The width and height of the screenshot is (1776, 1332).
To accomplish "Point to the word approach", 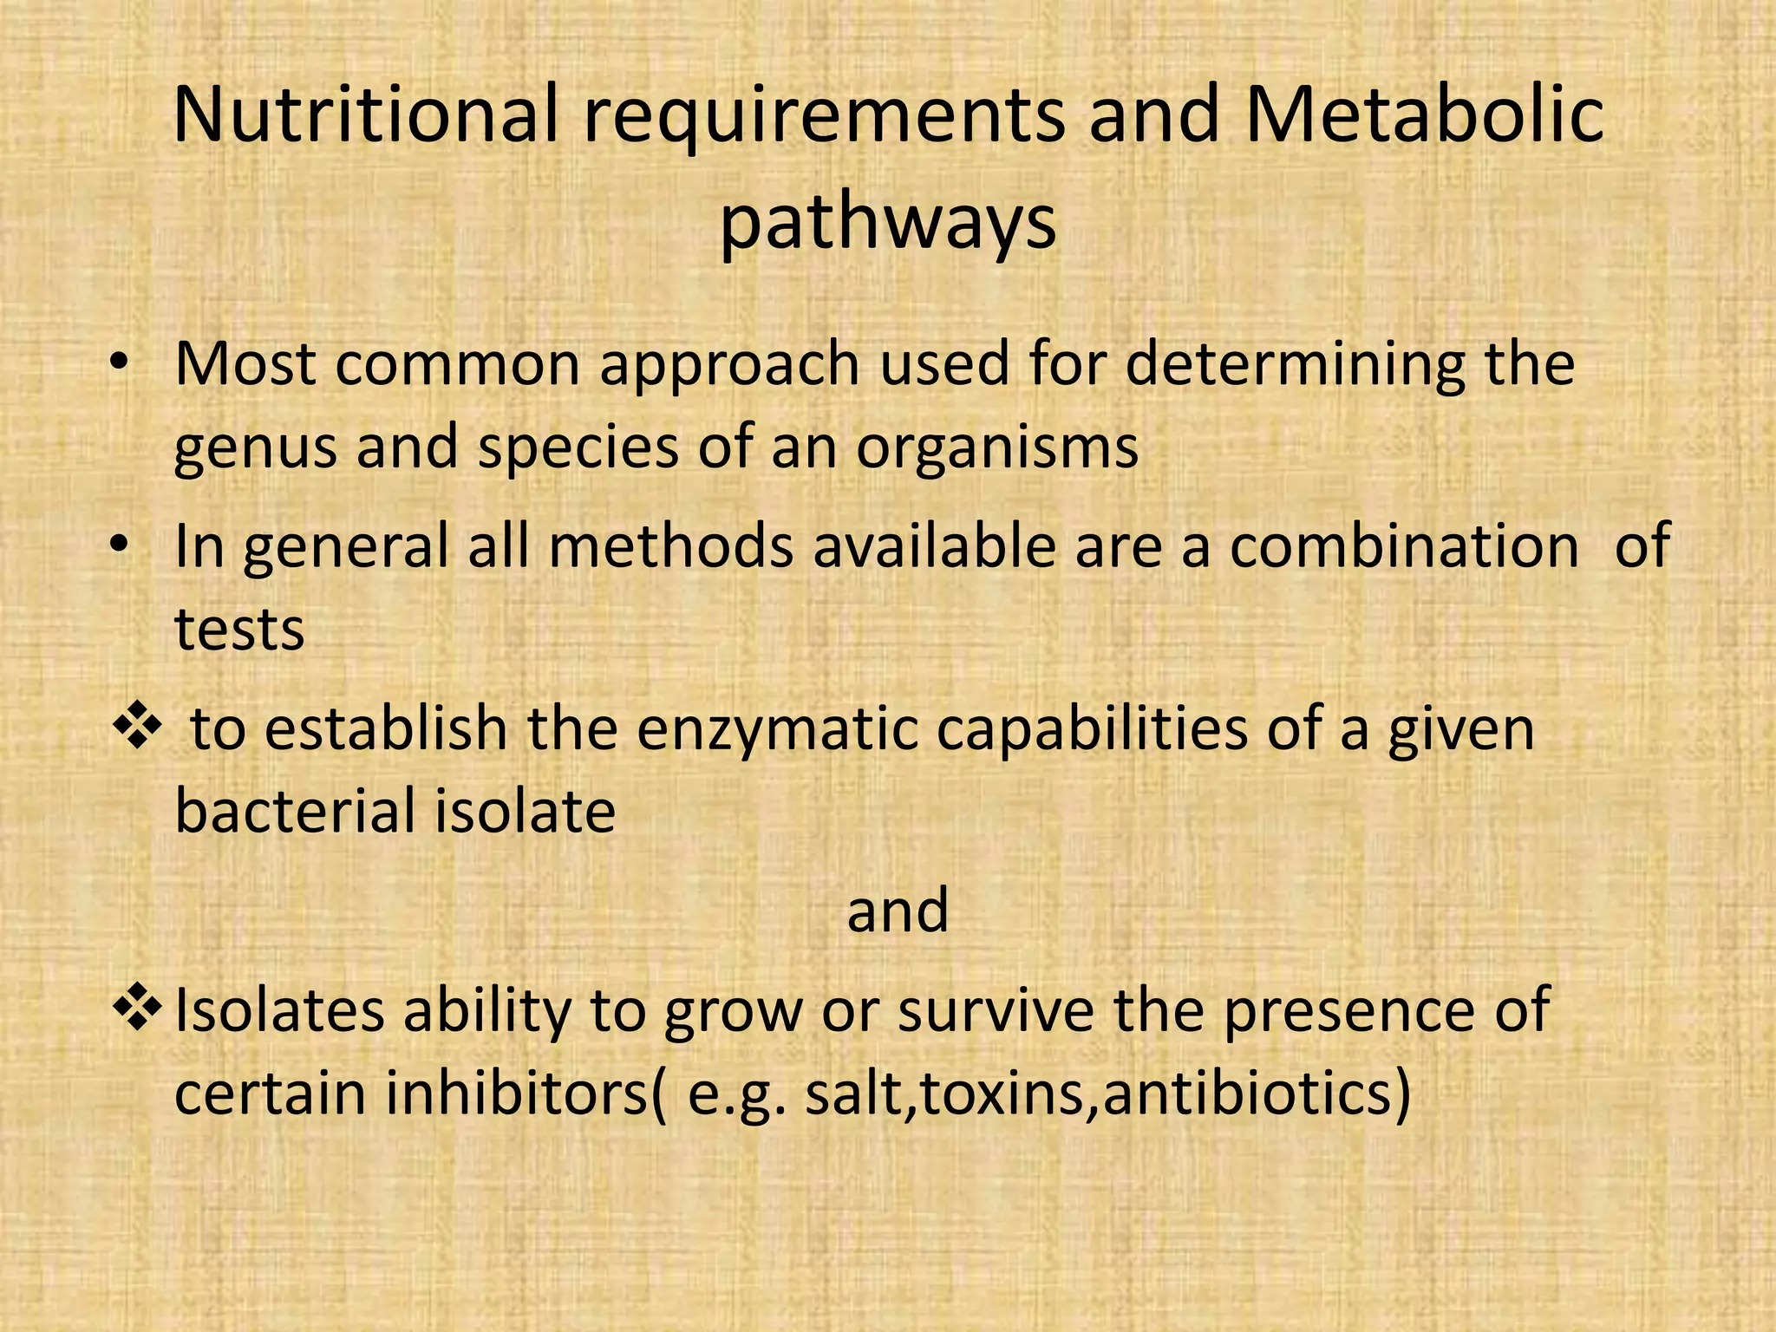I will [x=729, y=366].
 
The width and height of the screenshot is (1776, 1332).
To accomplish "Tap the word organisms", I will [x=997, y=449].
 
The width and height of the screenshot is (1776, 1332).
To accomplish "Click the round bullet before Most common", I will [x=120, y=365].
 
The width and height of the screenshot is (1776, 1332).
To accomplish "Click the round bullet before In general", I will [x=120, y=546].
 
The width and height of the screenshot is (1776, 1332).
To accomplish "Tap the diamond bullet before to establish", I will [x=137, y=727].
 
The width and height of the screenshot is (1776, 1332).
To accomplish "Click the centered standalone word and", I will [x=898, y=911].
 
